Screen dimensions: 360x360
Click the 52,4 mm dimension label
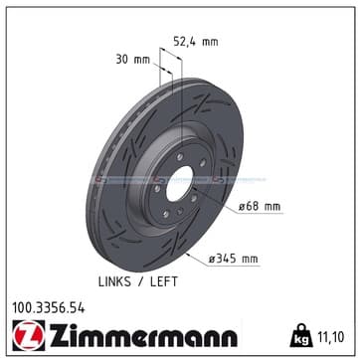pos(196,42)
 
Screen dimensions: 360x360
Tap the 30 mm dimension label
pos(132,60)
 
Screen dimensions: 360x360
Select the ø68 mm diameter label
pos(260,207)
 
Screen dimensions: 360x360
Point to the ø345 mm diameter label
pos(233,259)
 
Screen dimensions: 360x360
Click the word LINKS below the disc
pos(114,281)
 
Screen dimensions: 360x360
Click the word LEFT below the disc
pos(164,281)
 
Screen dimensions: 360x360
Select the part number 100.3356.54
pos(49,308)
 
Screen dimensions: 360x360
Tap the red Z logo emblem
pos(28,335)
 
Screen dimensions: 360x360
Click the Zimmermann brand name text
pos(143,335)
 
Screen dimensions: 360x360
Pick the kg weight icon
pos(301,335)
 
